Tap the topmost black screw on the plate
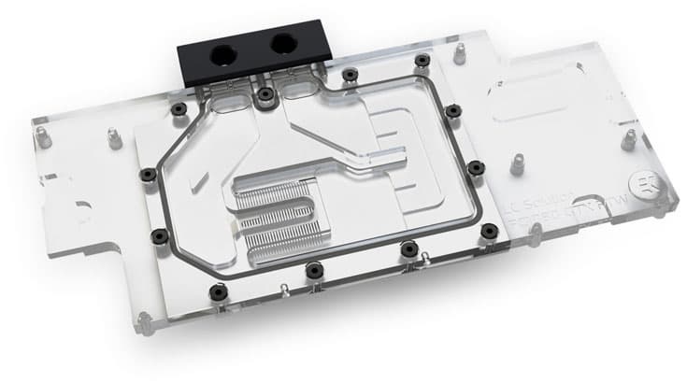(422, 60)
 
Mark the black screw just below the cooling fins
(408, 248)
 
